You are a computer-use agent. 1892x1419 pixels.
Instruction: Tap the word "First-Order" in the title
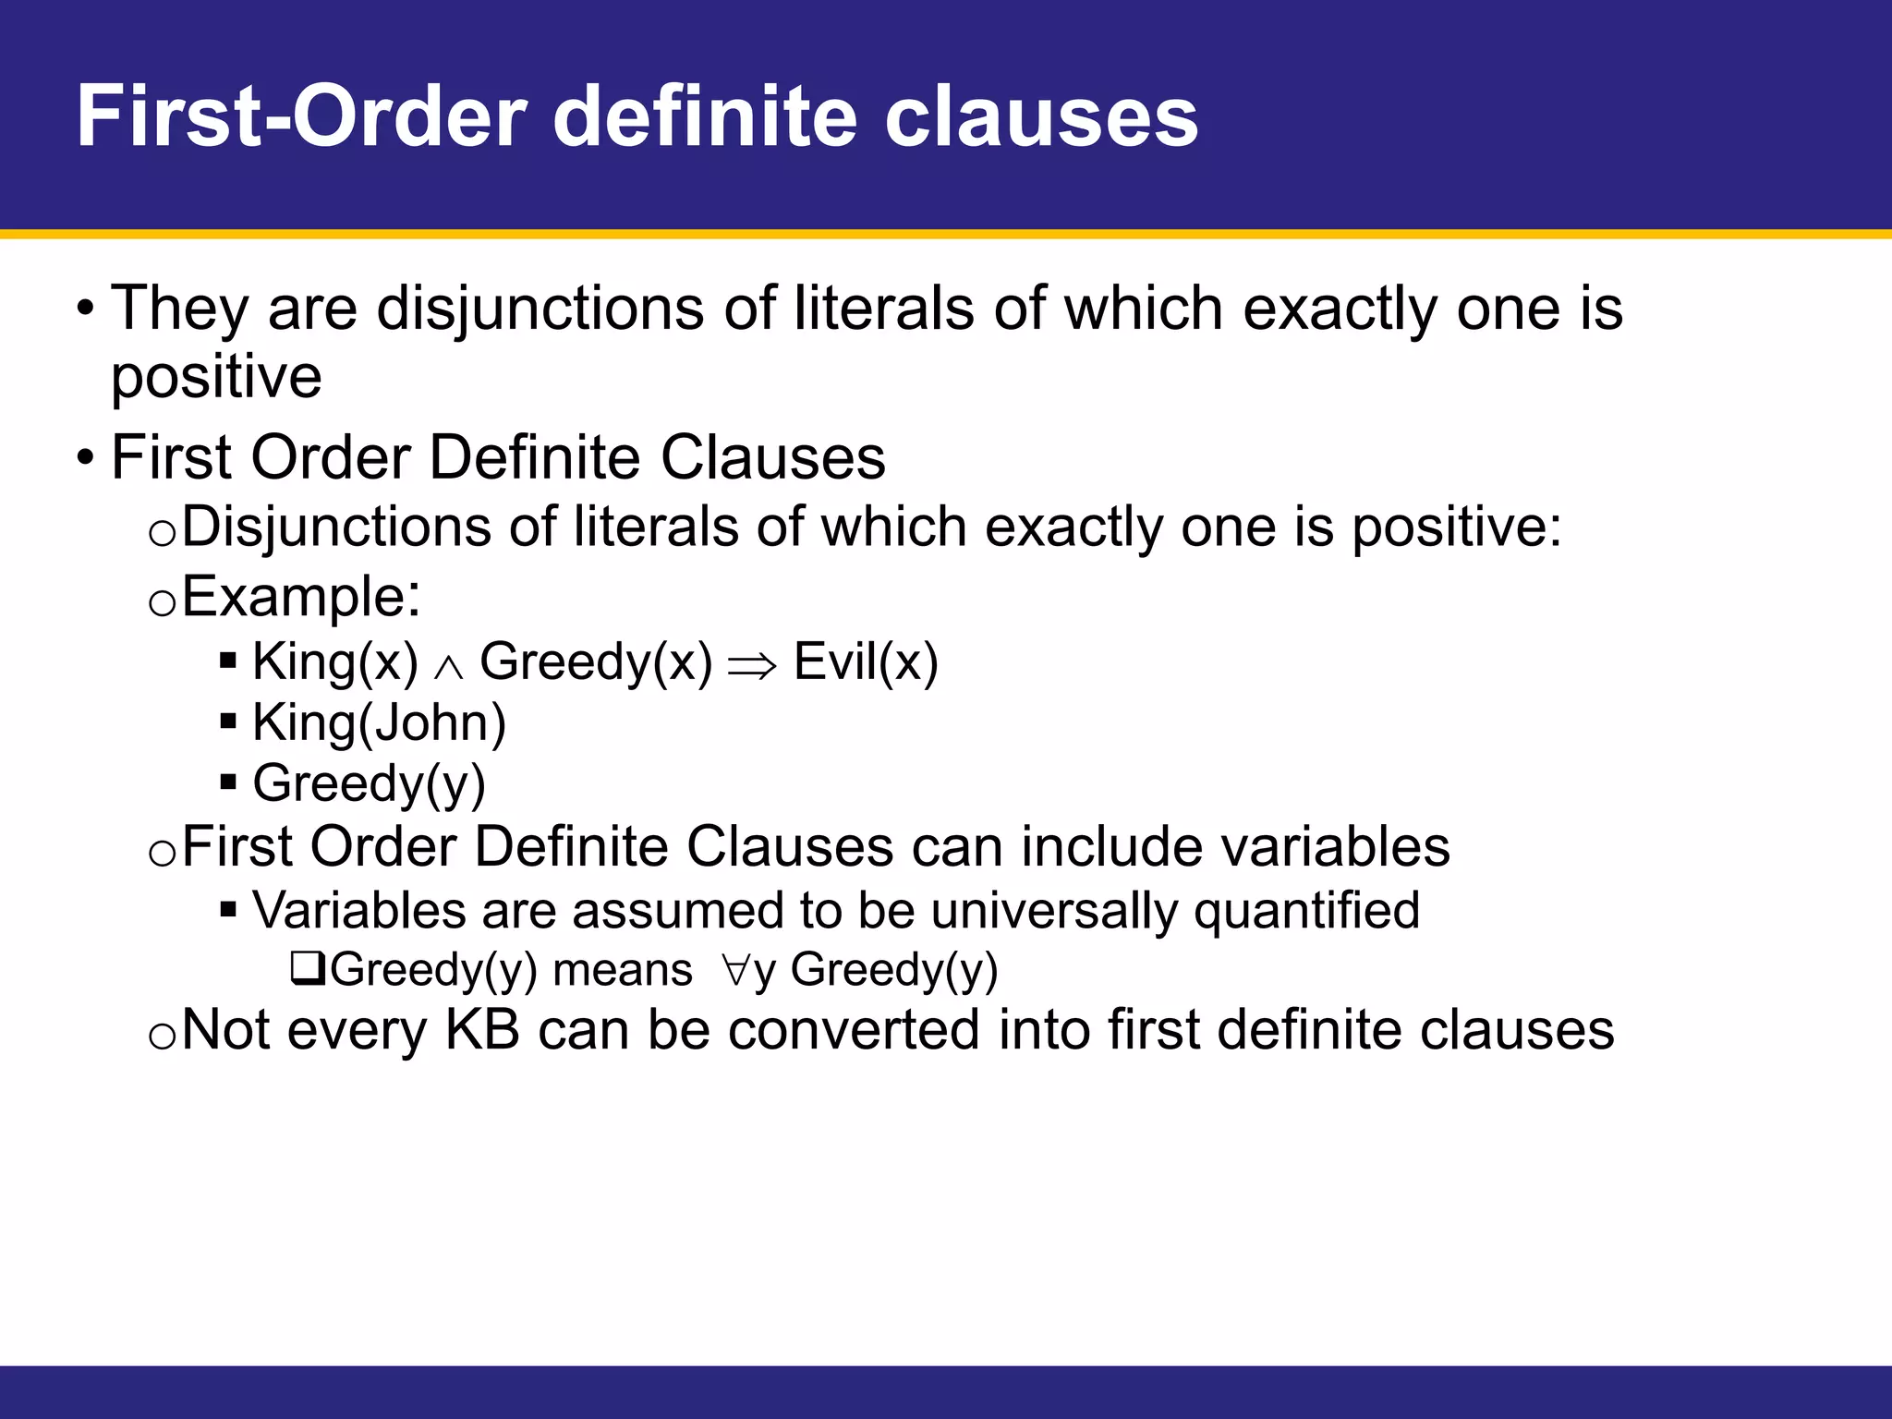click(301, 117)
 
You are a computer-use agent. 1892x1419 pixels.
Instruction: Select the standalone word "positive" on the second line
click(216, 377)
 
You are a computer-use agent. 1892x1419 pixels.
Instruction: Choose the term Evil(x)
click(866, 662)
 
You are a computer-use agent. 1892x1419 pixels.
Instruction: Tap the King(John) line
click(379, 723)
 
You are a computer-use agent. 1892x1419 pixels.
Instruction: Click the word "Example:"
click(301, 597)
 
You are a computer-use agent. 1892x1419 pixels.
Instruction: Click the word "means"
click(623, 970)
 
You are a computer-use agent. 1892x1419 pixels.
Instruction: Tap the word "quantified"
click(1306, 911)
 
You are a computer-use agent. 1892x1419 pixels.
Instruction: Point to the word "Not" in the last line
click(226, 1030)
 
